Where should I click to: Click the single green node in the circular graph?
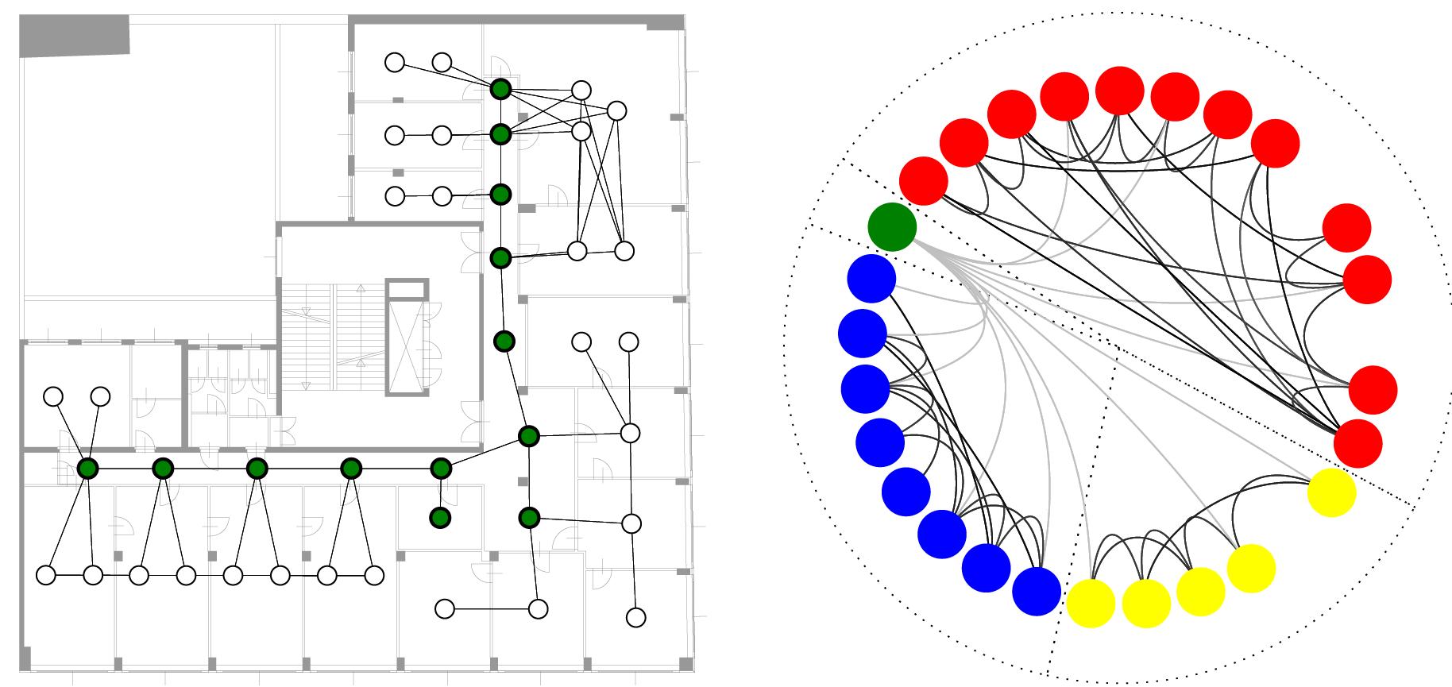pos(892,226)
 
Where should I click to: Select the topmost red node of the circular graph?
pos(1119,91)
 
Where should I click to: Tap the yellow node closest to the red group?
pos(1331,492)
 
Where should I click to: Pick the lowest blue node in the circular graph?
pos(1037,591)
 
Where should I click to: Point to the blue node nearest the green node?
pos(871,279)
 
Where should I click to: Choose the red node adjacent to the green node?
pos(924,180)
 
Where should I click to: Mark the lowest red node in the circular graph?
pos(1358,443)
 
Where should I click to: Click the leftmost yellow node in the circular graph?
pos(1091,604)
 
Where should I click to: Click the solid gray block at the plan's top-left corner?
pos(74,37)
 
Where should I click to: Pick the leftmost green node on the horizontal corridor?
pos(87,469)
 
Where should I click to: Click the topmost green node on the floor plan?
pos(500,89)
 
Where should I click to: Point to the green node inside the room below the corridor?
pos(439,518)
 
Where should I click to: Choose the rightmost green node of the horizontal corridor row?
pos(441,469)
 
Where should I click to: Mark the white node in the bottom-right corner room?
pos(635,617)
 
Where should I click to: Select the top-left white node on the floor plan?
pos(395,62)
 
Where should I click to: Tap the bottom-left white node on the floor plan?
pos(46,574)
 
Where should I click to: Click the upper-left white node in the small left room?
pos(53,396)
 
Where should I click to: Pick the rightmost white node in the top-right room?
pos(616,110)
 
